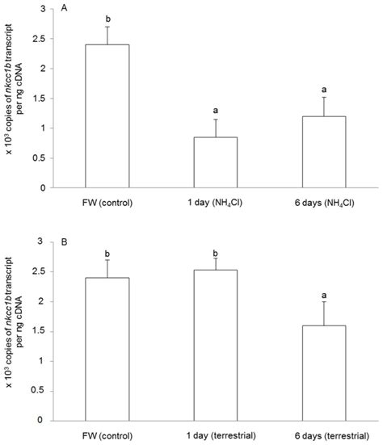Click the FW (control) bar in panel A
tap(107, 116)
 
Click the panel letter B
tap(66, 241)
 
